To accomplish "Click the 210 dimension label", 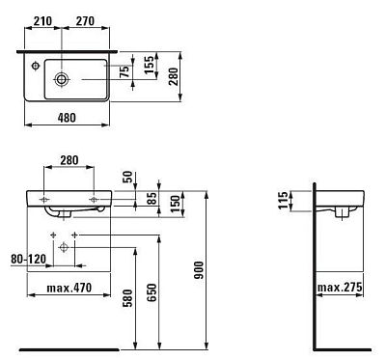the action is [x=42, y=21].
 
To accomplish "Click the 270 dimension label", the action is [x=85, y=21].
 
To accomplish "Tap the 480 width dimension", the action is [x=67, y=118].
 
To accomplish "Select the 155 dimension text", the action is [x=150, y=66].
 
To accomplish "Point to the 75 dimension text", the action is [x=125, y=71].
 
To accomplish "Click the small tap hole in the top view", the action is [x=36, y=67].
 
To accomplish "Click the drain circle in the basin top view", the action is [x=61, y=79].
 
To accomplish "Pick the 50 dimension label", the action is [x=127, y=178].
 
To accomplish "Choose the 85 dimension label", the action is [x=152, y=199].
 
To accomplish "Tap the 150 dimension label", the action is [x=177, y=204].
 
